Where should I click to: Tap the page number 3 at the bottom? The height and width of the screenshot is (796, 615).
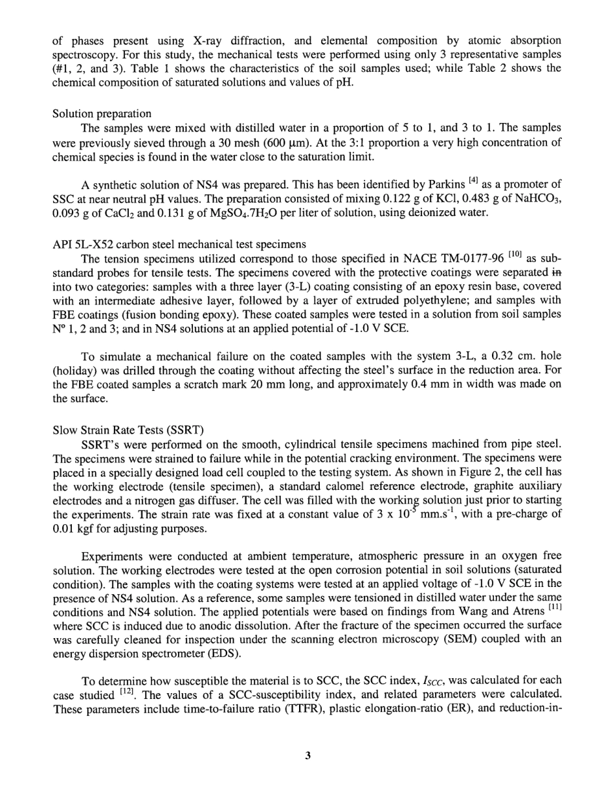(x=307, y=755)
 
